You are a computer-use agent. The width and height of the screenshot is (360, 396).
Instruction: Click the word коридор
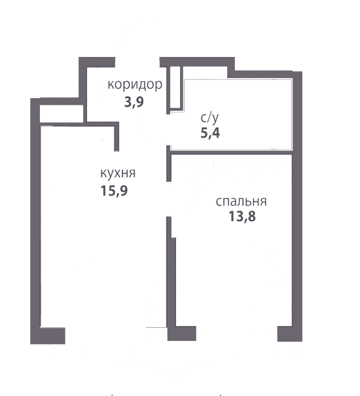(x=135, y=85)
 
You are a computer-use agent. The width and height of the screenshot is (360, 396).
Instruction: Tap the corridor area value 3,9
(x=134, y=102)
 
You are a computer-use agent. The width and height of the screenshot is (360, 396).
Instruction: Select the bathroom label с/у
(x=209, y=118)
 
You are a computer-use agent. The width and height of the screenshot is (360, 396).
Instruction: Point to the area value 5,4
(x=210, y=133)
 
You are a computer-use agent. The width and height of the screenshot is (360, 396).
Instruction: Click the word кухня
(x=118, y=173)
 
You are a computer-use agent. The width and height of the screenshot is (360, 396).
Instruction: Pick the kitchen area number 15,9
(x=114, y=190)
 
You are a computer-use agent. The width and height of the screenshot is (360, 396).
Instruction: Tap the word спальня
(x=242, y=202)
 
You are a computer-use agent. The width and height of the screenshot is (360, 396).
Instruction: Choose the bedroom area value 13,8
(x=242, y=217)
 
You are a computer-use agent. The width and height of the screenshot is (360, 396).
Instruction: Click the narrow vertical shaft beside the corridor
(x=175, y=88)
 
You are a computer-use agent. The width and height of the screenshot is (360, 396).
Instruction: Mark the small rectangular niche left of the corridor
(x=62, y=114)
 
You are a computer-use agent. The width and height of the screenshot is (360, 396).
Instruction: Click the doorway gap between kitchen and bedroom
(x=168, y=199)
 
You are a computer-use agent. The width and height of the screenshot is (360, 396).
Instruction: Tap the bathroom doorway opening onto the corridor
(x=168, y=130)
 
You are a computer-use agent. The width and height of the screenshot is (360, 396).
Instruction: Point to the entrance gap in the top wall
(x=137, y=62)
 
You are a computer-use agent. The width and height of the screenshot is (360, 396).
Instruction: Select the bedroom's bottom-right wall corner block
(x=290, y=334)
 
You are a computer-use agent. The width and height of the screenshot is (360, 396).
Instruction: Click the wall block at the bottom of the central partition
(x=182, y=333)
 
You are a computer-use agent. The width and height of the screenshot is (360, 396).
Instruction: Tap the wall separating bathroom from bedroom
(x=232, y=153)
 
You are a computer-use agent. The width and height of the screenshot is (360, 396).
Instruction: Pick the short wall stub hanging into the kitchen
(x=117, y=138)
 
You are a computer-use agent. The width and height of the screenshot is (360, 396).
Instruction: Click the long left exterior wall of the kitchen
(x=35, y=221)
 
